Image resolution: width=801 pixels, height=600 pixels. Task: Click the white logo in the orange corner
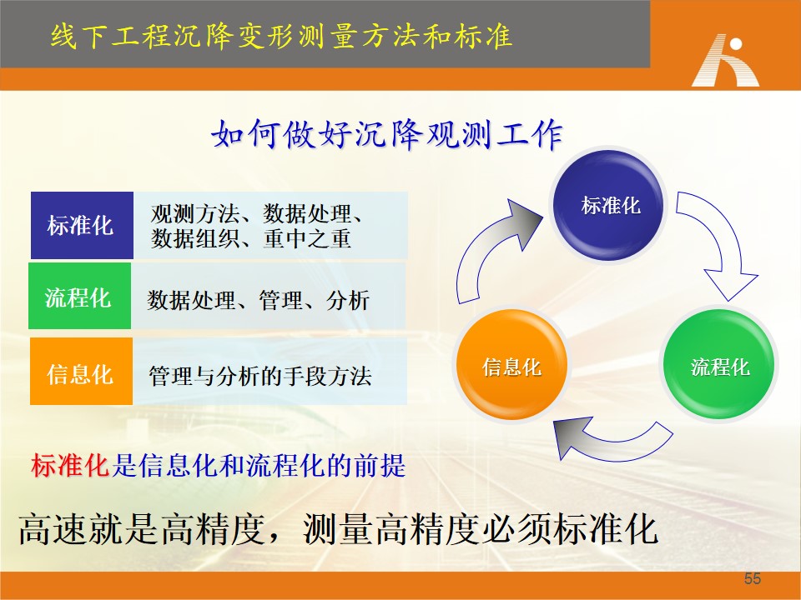pos(725,60)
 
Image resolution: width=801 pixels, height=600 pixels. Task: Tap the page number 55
pos(753,578)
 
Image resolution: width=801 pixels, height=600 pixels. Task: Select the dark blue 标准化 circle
pos(608,205)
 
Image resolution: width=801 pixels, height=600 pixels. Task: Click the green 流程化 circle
pos(718,365)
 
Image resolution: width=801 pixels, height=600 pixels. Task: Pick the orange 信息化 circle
pos(511,365)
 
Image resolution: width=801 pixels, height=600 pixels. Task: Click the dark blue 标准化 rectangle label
pos(83,226)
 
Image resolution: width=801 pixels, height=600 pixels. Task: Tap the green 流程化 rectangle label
pos(80,297)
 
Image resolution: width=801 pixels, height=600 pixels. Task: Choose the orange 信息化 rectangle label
pos(81,372)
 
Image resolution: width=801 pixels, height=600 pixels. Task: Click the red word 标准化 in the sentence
pos(70,466)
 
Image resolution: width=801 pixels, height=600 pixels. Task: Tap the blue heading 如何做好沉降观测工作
pos(387,135)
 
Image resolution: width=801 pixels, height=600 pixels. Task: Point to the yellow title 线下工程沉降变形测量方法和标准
pos(281,36)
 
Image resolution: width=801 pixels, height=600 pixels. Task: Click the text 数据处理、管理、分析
pos(258,300)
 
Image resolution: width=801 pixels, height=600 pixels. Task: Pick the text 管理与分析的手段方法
pos(260,376)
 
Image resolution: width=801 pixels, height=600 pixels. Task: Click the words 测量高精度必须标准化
pos(481,529)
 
